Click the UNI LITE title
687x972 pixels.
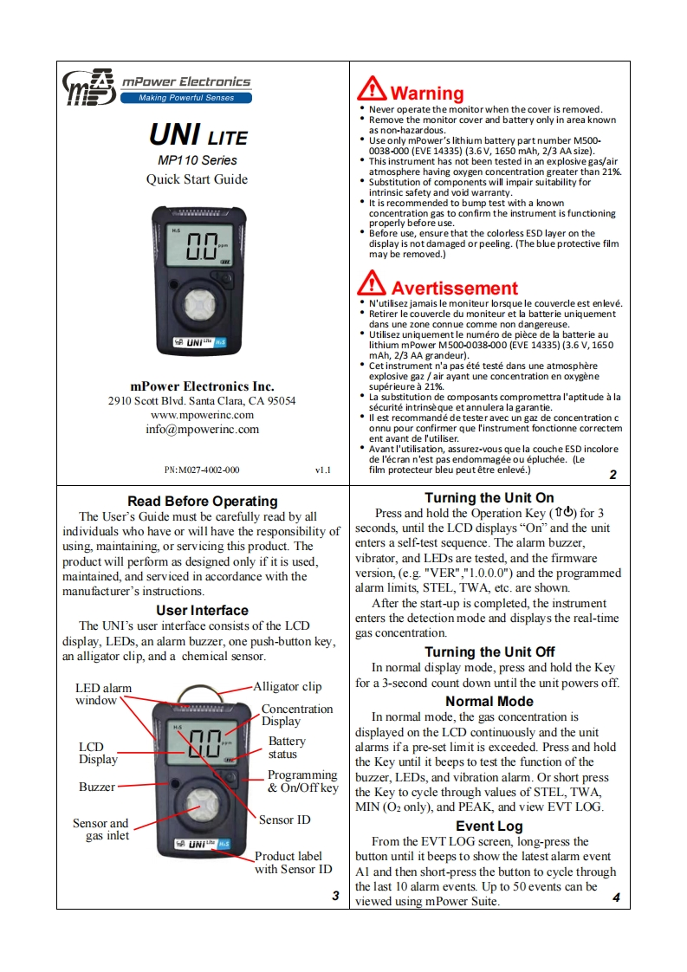(x=198, y=136)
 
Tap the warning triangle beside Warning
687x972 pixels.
(x=372, y=89)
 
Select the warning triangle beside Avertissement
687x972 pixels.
(x=372, y=283)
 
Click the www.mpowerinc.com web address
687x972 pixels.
(x=202, y=415)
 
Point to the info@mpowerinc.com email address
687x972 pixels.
(x=202, y=429)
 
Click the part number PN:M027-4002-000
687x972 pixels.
(x=202, y=470)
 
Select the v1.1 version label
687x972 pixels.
(x=322, y=470)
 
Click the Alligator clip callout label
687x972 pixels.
(x=287, y=686)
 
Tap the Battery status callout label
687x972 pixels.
(x=287, y=748)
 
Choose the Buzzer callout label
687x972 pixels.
(x=97, y=787)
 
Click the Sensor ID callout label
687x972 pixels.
(x=284, y=820)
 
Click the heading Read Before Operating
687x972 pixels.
(x=202, y=501)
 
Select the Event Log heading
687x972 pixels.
(x=489, y=826)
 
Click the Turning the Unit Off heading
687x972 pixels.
(x=489, y=651)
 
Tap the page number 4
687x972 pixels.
(x=616, y=897)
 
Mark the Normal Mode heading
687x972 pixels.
(x=489, y=701)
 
